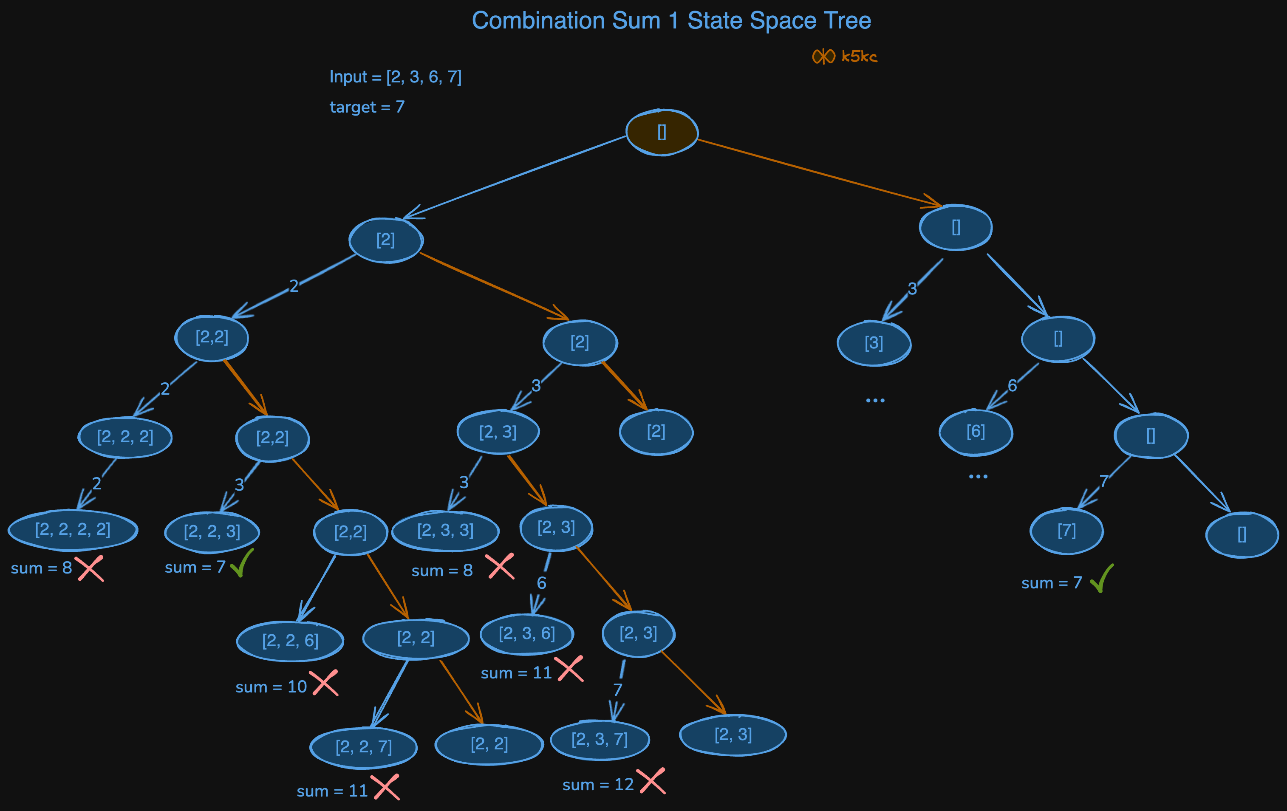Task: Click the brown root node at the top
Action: tap(662, 132)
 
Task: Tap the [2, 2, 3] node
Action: tap(212, 531)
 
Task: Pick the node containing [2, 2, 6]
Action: tap(290, 641)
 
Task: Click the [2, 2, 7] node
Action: tap(363, 747)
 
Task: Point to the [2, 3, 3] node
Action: tap(445, 531)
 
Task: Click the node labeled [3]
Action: tap(874, 343)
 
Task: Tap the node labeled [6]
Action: tap(976, 432)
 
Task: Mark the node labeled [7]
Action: tap(1067, 531)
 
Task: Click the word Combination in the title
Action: tap(539, 21)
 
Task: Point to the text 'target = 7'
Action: tap(367, 107)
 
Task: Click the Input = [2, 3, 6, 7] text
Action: tap(396, 77)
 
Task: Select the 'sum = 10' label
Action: tap(271, 687)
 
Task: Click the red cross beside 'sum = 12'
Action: tap(651, 781)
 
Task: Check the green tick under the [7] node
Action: tap(1102, 579)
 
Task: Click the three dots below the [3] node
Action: tap(875, 400)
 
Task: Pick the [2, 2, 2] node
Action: tap(125, 438)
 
